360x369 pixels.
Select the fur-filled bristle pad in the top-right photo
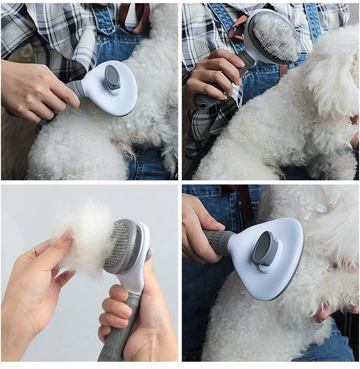point(276,36)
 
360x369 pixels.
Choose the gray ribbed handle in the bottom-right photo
point(219,242)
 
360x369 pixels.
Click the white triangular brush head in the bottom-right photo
point(279,265)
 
